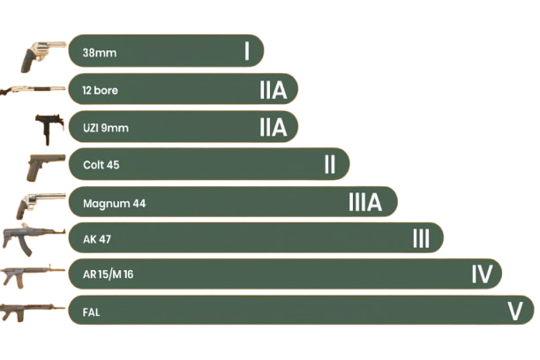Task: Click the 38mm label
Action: pyautogui.click(x=100, y=53)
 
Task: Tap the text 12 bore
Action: pyautogui.click(x=100, y=90)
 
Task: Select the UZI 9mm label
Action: pyautogui.click(x=105, y=128)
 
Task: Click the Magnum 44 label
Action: pyautogui.click(x=114, y=204)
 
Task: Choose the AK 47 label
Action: pyautogui.click(x=97, y=239)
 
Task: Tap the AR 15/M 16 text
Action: pyautogui.click(x=109, y=274)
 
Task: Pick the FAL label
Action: pyautogui.click(x=91, y=311)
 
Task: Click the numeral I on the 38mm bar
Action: pyautogui.click(x=247, y=51)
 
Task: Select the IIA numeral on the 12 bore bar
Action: pyautogui.click(x=274, y=89)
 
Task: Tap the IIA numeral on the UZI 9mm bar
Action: pyautogui.click(x=274, y=127)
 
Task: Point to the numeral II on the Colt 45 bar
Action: pyautogui.click(x=329, y=164)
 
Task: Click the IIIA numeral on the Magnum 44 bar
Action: pyautogui.click(x=365, y=203)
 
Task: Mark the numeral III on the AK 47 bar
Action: pyautogui.click(x=421, y=238)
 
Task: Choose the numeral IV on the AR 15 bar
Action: pyautogui.click(x=481, y=274)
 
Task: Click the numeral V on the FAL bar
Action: pyautogui.click(x=516, y=311)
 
